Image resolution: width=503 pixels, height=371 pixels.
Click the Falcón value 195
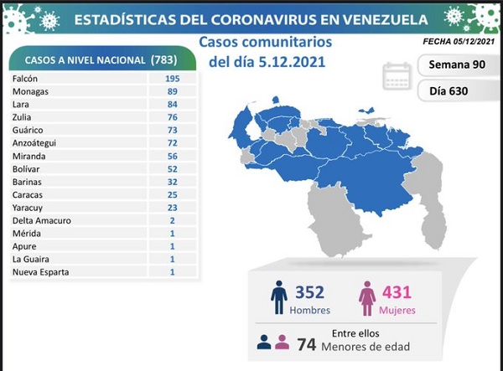[x=173, y=76]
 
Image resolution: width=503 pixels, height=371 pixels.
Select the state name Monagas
[x=32, y=90]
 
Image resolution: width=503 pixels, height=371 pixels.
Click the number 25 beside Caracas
[x=173, y=194]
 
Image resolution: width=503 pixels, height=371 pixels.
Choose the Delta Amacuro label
[x=41, y=220]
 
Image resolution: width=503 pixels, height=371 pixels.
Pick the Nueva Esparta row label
[x=40, y=272]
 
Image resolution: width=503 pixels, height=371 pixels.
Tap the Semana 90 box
[x=454, y=64]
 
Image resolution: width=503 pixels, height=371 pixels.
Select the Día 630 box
[x=454, y=90]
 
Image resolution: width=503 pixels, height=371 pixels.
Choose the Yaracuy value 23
[x=173, y=207]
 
